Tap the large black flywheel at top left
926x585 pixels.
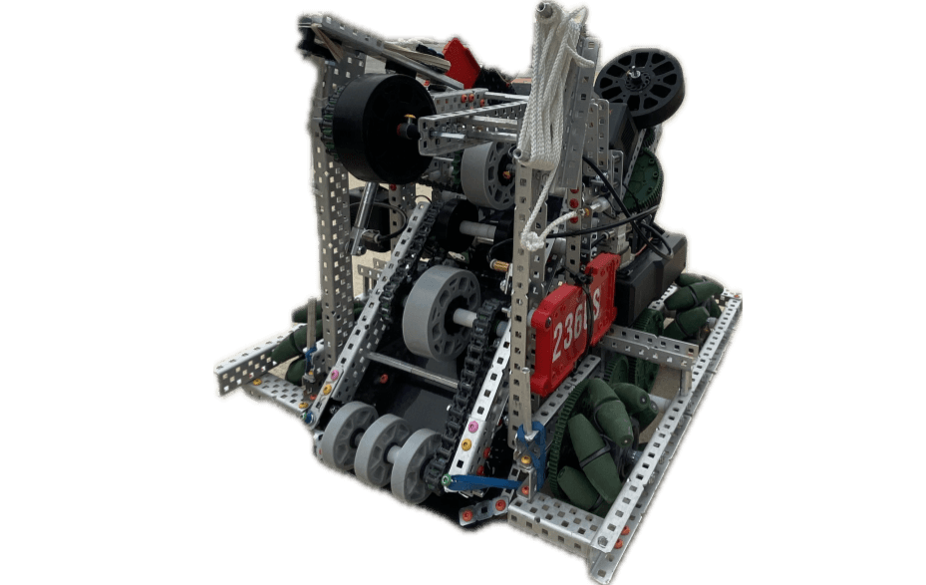(382, 128)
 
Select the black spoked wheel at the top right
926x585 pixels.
(641, 86)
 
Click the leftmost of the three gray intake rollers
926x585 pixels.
(349, 436)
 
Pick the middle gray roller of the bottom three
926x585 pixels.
(383, 450)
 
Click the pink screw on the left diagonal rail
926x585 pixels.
(335, 375)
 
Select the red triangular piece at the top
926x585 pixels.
(461, 59)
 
